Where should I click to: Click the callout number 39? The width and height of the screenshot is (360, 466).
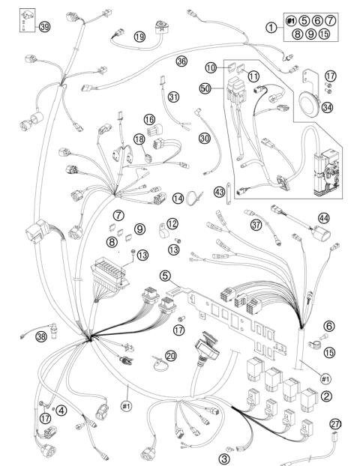(x=45, y=27)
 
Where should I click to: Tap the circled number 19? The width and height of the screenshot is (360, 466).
(x=139, y=36)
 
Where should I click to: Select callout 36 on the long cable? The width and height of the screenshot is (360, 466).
(x=181, y=61)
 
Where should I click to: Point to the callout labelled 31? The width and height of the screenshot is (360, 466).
(x=174, y=97)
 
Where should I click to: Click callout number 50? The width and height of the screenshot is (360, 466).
(x=204, y=88)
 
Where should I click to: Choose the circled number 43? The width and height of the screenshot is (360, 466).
(x=220, y=192)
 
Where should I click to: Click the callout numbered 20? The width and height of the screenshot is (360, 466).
(x=171, y=356)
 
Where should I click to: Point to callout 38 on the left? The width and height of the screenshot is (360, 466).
(x=40, y=337)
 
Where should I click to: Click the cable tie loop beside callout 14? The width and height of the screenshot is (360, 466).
(x=193, y=199)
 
